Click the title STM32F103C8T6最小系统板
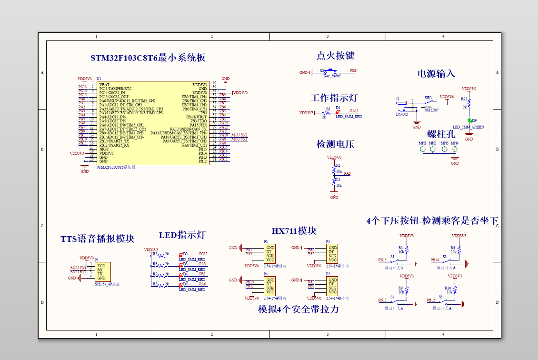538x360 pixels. click(x=148, y=58)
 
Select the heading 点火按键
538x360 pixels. click(x=335, y=56)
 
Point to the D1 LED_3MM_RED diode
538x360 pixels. click(x=338, y=112)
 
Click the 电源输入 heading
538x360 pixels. click(x=436, y=73)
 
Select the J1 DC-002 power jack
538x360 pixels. click(x=403, y=105)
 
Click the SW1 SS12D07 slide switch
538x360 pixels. click(x=429, y=104)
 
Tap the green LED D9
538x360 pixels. click(x=469, y=121)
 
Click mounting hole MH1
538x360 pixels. click(x=422, y=150)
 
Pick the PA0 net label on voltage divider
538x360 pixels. click(x=347, y=174)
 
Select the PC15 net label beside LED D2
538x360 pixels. click(x=203, y=254)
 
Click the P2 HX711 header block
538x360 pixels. click(x=269, y=254)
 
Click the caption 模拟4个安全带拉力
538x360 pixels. click(x=299, y=309)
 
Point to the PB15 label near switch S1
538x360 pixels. click(x=382, y=260)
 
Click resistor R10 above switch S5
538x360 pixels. click(x=455, y=289)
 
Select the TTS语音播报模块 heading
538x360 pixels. click(x=97, y=239)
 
